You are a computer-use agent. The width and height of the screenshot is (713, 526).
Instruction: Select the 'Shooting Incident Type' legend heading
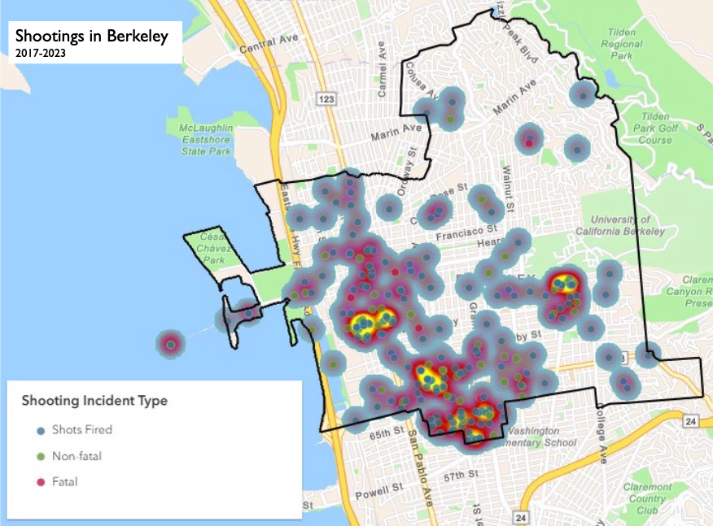pos(94,401)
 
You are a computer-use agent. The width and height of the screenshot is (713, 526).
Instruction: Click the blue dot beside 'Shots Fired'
pos(41,429)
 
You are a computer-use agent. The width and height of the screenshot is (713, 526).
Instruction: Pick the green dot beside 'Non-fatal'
pos(41,456)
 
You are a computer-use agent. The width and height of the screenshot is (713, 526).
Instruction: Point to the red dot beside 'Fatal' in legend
pos(41,483)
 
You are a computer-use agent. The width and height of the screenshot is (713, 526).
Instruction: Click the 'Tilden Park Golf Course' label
pos(649,128)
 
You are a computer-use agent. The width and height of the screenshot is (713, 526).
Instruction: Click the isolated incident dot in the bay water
pos(170,345)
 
